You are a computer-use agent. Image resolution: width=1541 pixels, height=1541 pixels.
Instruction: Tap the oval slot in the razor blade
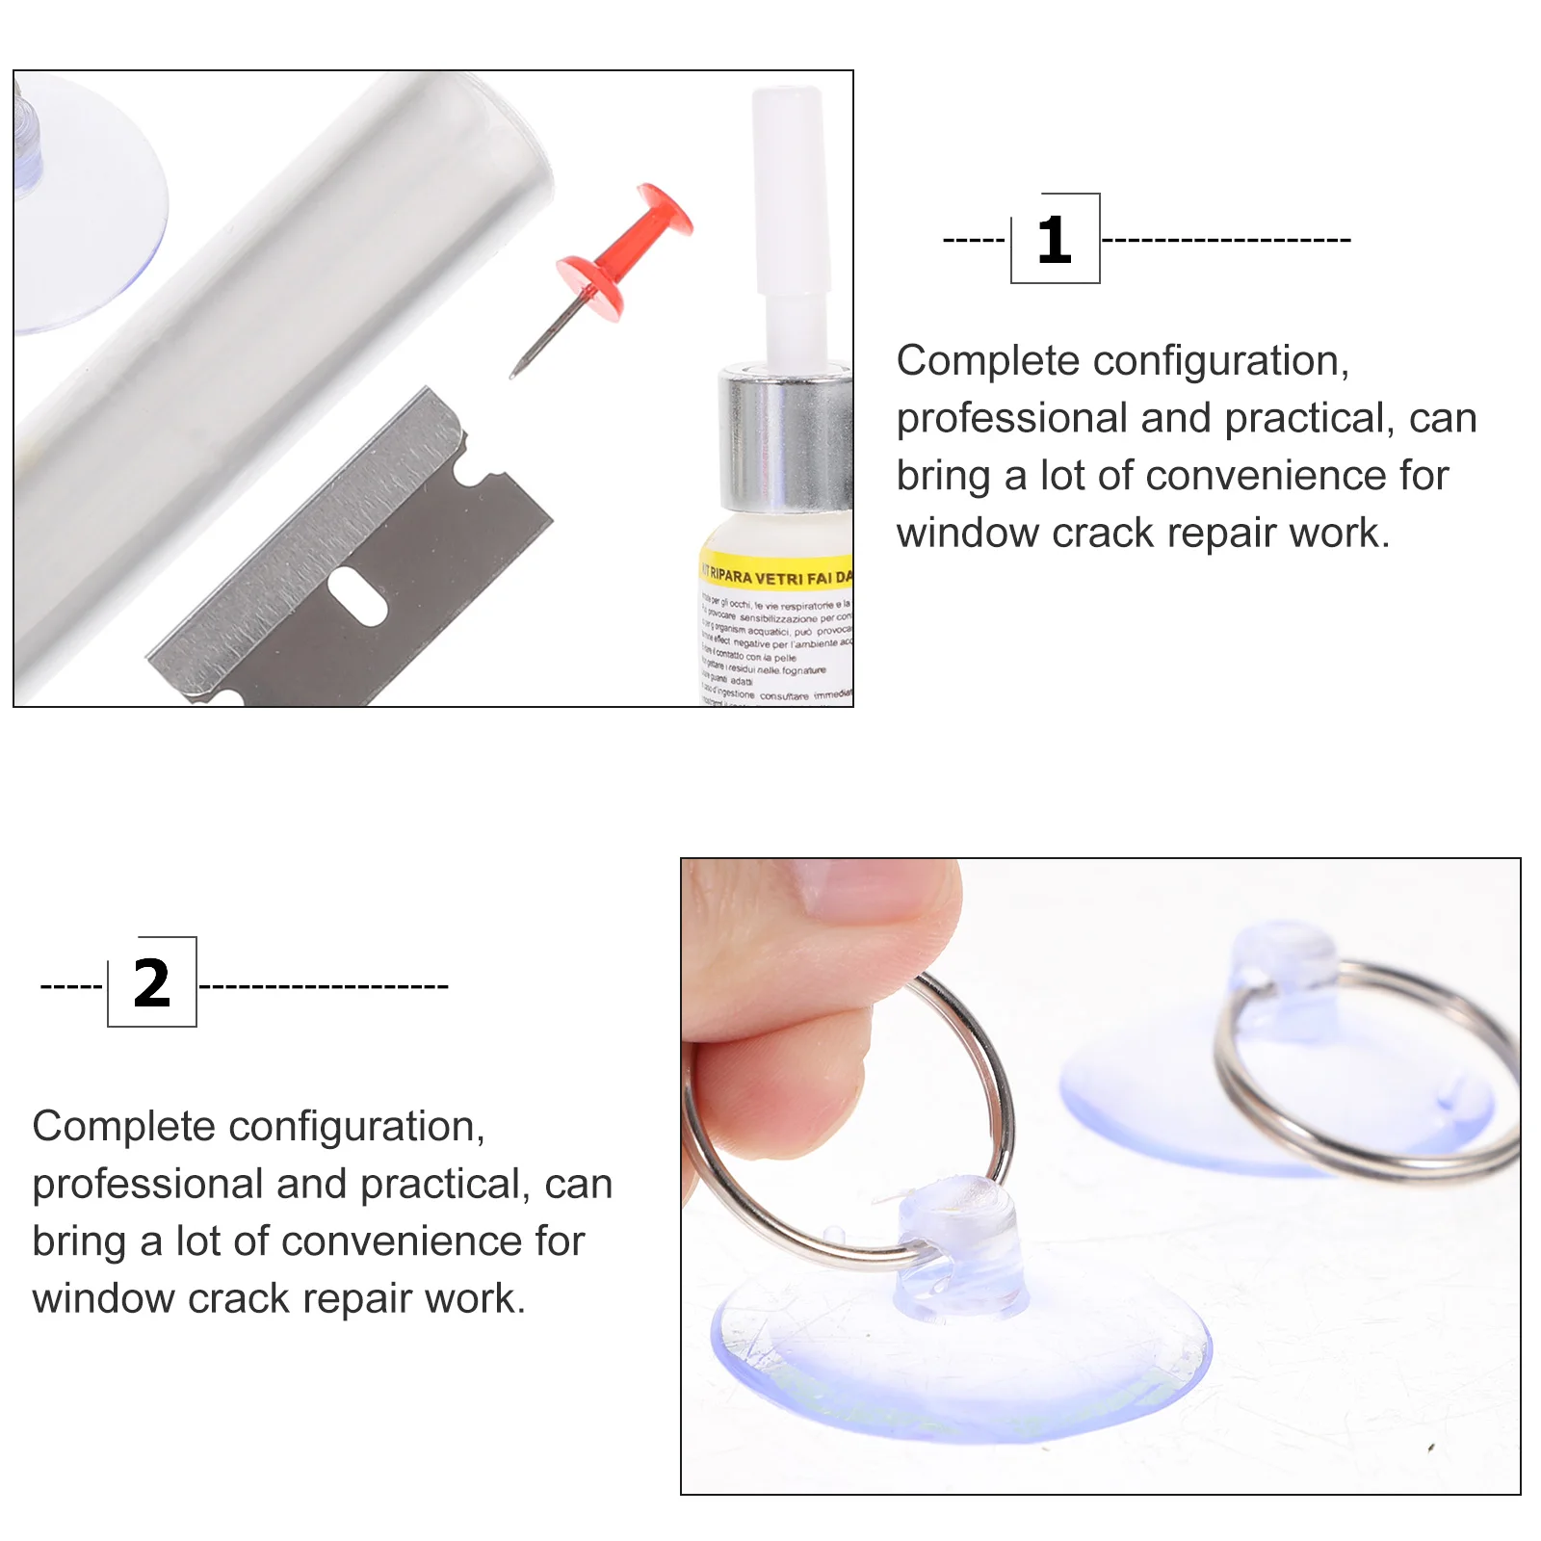point(357,596)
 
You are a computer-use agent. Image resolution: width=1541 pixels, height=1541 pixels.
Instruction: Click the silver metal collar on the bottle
point(785,439)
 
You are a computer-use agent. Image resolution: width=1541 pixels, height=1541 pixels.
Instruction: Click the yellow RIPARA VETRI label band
point(775,573)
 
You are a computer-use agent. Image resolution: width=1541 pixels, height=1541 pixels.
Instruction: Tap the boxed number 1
point(1055,240)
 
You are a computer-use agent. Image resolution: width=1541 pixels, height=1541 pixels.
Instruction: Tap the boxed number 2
point(152,983)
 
